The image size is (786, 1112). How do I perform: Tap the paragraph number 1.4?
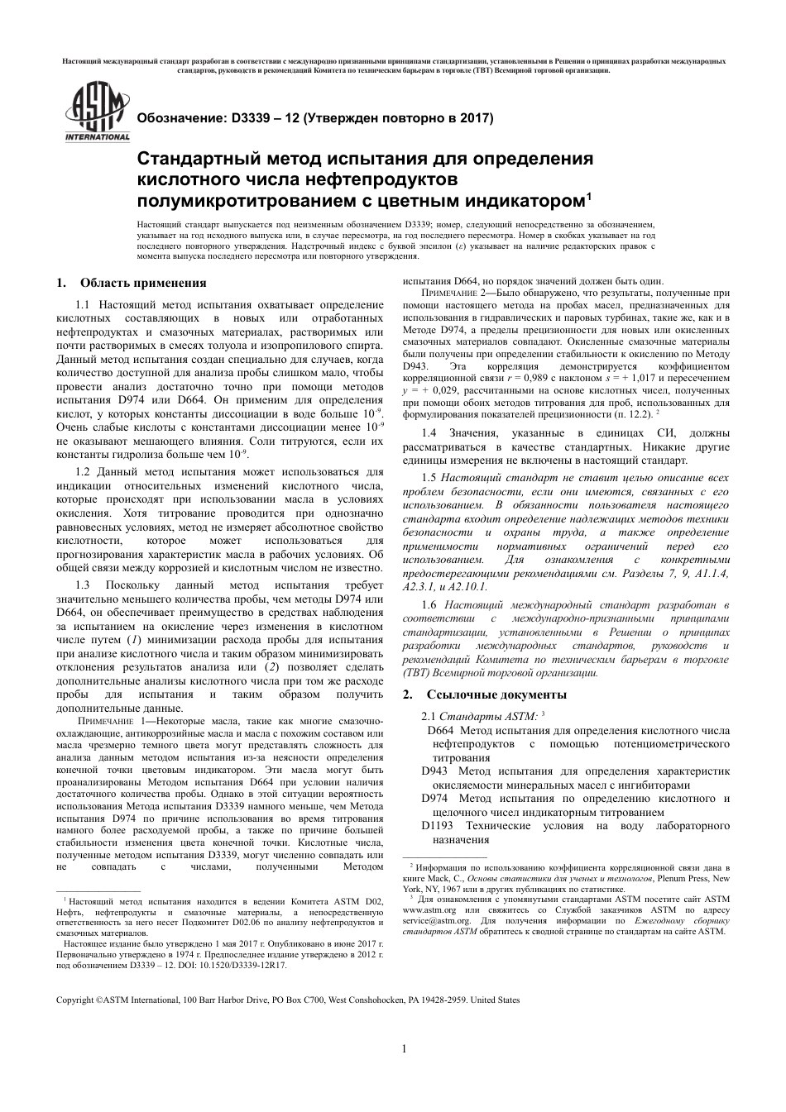(x=429, y=433)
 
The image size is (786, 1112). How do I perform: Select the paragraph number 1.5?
(x=429, y=478)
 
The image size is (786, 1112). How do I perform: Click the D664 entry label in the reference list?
(x=440, y=731)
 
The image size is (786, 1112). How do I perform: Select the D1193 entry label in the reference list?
(x=438, y=825)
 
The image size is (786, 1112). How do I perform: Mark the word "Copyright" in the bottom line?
(x=74, y=1000)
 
